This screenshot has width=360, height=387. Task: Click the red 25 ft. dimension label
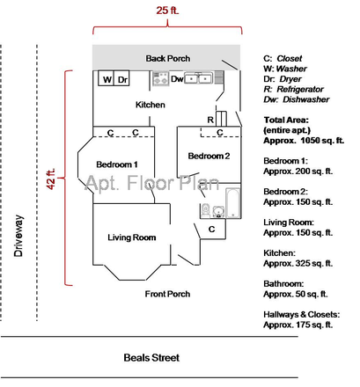pyautogui.click(x=167, y=11)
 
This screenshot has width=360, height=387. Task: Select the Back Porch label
pyautogui.click(x=167, y=59)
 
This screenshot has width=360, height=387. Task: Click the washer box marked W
pyautogui.click(x=107, y=79)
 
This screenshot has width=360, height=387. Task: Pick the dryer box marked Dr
pyautogui.click(x=124, y=79)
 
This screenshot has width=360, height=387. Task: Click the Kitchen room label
pyautogui.click(x=150, y=106)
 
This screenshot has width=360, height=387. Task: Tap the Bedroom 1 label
pyautogui.click(x=116, y=164)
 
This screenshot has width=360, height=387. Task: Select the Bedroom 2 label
pyautogui.click(x=208, y=157)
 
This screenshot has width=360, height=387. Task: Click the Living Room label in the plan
pyautogui.click(x=131, y=237)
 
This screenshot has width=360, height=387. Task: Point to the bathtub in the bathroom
pyautogui.click(x=233, y=203)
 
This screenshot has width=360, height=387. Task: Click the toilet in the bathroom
pyautogui.click(x=205, y=210)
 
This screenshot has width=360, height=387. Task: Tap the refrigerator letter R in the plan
pyautogui.click(x=210, y=119)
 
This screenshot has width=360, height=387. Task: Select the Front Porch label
pyautogui.click(x=167, y=294)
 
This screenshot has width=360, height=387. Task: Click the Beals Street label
pyautogui.click(x=151, y=358)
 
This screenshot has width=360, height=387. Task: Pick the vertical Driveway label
pyautogui.click(x=18, y=238)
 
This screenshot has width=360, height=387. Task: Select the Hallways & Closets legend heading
pyautogui.click(x=301, y=315)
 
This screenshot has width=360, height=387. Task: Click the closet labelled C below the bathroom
pyautogui.click(x=211, y=230)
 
